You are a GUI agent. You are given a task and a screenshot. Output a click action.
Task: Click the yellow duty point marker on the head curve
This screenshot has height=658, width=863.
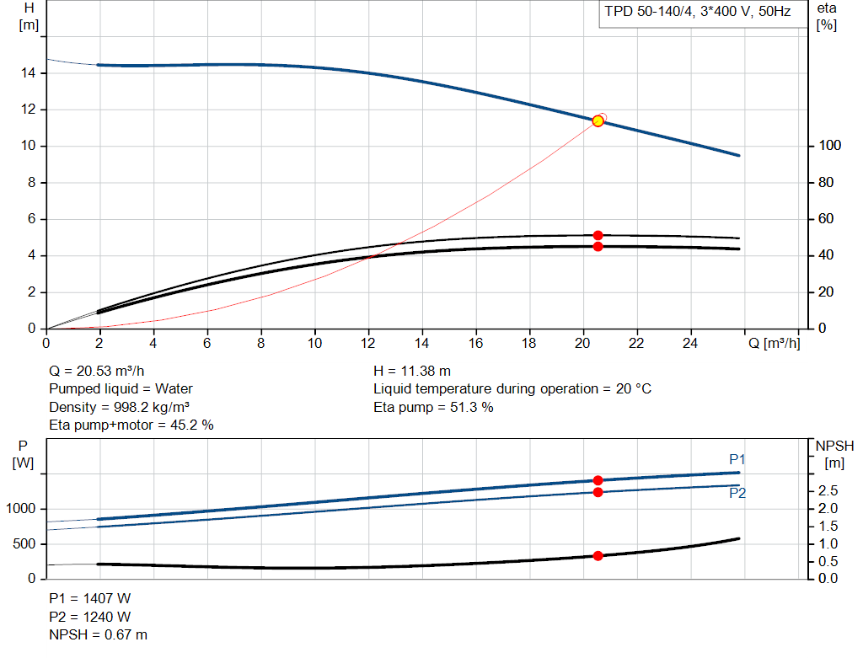pyautogui.click(x=598, y=121)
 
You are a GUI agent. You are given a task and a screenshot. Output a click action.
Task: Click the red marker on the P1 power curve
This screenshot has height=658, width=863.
pyautogui.click(x=598, y=480)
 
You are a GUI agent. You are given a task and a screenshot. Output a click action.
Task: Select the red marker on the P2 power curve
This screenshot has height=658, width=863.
pyautogui.click(x=598, y=492)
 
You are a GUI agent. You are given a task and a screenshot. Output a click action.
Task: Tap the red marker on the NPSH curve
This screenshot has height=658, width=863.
pyautogui.click(x=598, y=556)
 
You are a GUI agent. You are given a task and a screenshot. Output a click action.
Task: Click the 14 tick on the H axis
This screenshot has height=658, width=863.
pyautogui.click(x=29, y=73)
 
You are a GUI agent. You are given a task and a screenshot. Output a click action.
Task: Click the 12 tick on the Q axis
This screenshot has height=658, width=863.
pyautogui.click(x=368, y=344)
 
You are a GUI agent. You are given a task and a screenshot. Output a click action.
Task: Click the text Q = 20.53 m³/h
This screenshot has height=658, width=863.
pyautogui.click(x=102, y=371)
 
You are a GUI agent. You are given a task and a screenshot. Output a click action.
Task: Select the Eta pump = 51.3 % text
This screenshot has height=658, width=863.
pyautogui.click(x=433, y=408)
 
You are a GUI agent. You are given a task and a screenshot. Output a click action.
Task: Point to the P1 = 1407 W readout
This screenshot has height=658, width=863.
pyautogui.click(x=90, y=598)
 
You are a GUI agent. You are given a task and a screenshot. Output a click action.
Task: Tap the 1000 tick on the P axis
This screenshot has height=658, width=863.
pyautogui.click(x=21, y=509)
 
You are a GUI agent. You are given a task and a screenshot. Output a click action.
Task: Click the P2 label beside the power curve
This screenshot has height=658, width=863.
pyautogui.click(x=737, y=494)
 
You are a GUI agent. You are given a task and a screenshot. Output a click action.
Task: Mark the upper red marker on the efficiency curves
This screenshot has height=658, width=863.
pyautogui.click(x=598, y=236)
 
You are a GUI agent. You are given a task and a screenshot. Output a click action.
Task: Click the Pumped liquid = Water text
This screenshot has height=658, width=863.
pyautogui.click(x=121, y=389)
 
